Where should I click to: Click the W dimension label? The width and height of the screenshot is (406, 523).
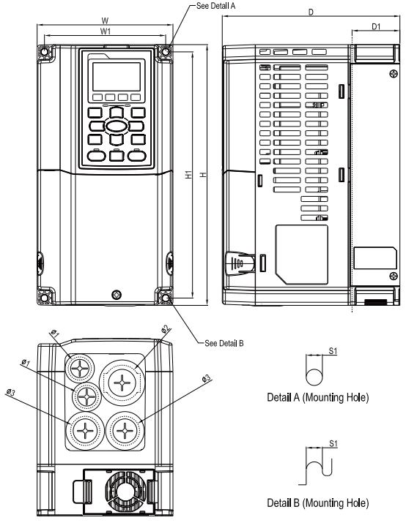(x=106, y=20)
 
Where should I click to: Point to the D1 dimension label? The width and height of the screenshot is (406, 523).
(x=375, y=27)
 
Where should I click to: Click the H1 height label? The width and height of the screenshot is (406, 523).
(x=188, y=176)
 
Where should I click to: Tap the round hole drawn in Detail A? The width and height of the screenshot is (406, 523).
(x=314, y=375)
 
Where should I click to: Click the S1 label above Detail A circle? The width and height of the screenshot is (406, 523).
(x=332, y=352)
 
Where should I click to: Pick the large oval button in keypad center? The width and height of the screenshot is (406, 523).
(x=116, y=125)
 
